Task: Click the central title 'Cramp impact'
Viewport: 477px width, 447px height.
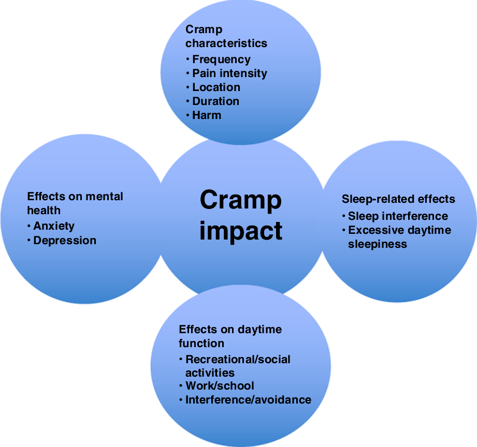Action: [x=241, y=215]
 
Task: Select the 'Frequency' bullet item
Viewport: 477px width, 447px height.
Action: [x=221, y=59]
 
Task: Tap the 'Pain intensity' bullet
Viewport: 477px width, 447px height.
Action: [x=229, y=73]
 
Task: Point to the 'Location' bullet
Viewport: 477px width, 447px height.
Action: [x=216, y=87]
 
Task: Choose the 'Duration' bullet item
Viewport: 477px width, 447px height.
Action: [x=215, y=101]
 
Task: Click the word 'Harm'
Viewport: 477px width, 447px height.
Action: [x=207, y=115]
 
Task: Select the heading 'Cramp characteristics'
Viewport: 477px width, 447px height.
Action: [x=226, y=36]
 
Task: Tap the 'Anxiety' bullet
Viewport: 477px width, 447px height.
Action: [x=54, y=226]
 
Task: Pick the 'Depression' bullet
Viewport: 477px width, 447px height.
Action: [x=65, y=241]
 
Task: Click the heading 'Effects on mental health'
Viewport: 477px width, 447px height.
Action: [x=75, y=203]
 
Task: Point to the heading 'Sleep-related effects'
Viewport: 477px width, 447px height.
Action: [x=398, y=199]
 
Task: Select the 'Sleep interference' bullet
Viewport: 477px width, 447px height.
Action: [x=398, y=216]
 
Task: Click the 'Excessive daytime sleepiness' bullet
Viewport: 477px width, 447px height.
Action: [x=399, y=237]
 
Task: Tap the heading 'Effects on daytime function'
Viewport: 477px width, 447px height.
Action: [x=230, y=336]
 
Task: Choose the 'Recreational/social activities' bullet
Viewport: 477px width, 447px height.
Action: [x=238, y=366]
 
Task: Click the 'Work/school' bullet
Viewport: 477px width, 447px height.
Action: [x=220, y=386]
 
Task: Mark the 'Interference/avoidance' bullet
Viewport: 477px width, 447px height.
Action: [x=248, y=400]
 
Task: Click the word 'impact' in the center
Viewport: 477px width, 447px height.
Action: [x=241, y=231]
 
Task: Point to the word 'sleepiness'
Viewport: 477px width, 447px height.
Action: [x=378, y=244]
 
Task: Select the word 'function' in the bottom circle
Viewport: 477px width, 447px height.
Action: [x=201, y=344]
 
